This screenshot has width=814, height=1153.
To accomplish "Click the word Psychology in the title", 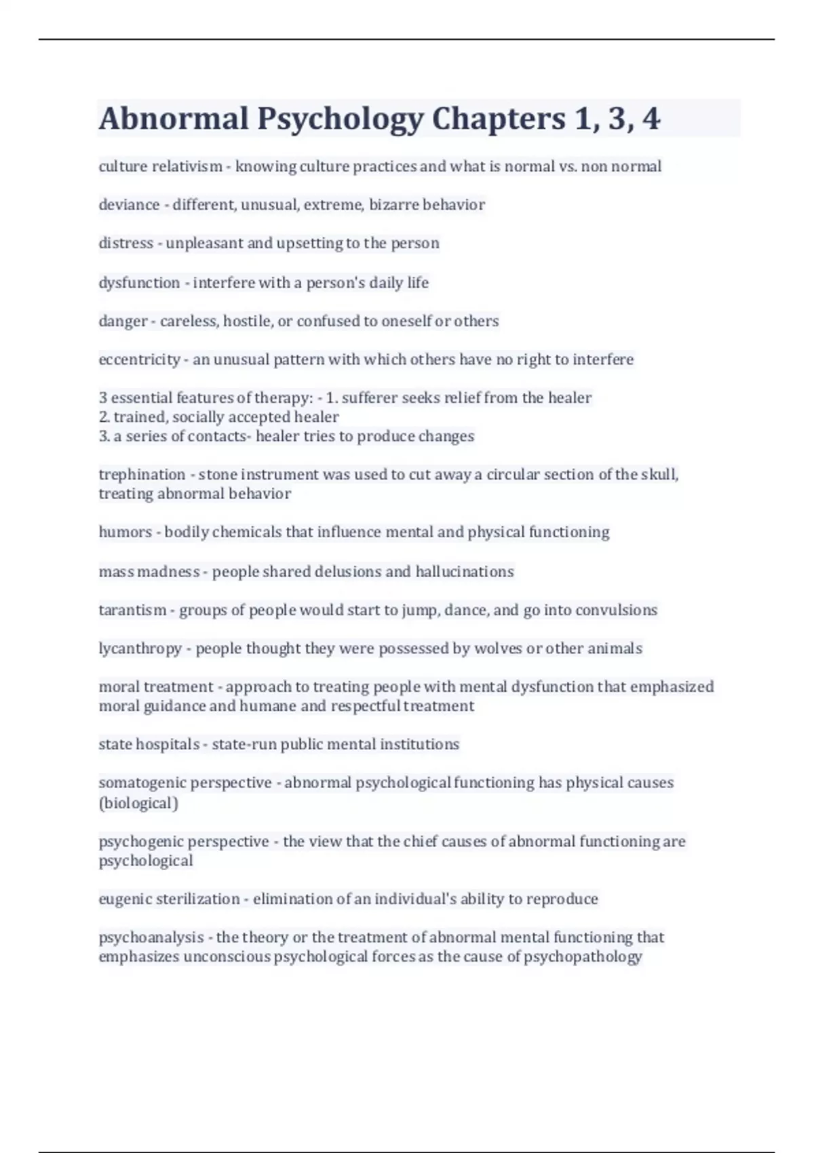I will pos(340,119).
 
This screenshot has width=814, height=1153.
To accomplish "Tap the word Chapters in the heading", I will pos(499,119).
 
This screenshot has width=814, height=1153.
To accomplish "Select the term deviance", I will pos(129,205).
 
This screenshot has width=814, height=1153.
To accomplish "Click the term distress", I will pos(125,243).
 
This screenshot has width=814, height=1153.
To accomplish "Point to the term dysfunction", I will pos(139,283).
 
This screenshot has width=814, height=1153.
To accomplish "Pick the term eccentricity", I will pos(139,359).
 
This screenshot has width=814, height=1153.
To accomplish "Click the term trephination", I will pos(142,475).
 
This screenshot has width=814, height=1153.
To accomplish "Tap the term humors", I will pos(125,532).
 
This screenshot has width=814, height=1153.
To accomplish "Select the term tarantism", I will pos(132,610).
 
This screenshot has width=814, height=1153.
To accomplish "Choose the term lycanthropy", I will pos(140,649).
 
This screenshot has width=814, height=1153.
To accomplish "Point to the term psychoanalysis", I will pos(151,937).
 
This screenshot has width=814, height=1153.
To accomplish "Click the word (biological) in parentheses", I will pos(138,803).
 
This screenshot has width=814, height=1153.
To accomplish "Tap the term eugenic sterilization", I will pos(169,899).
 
